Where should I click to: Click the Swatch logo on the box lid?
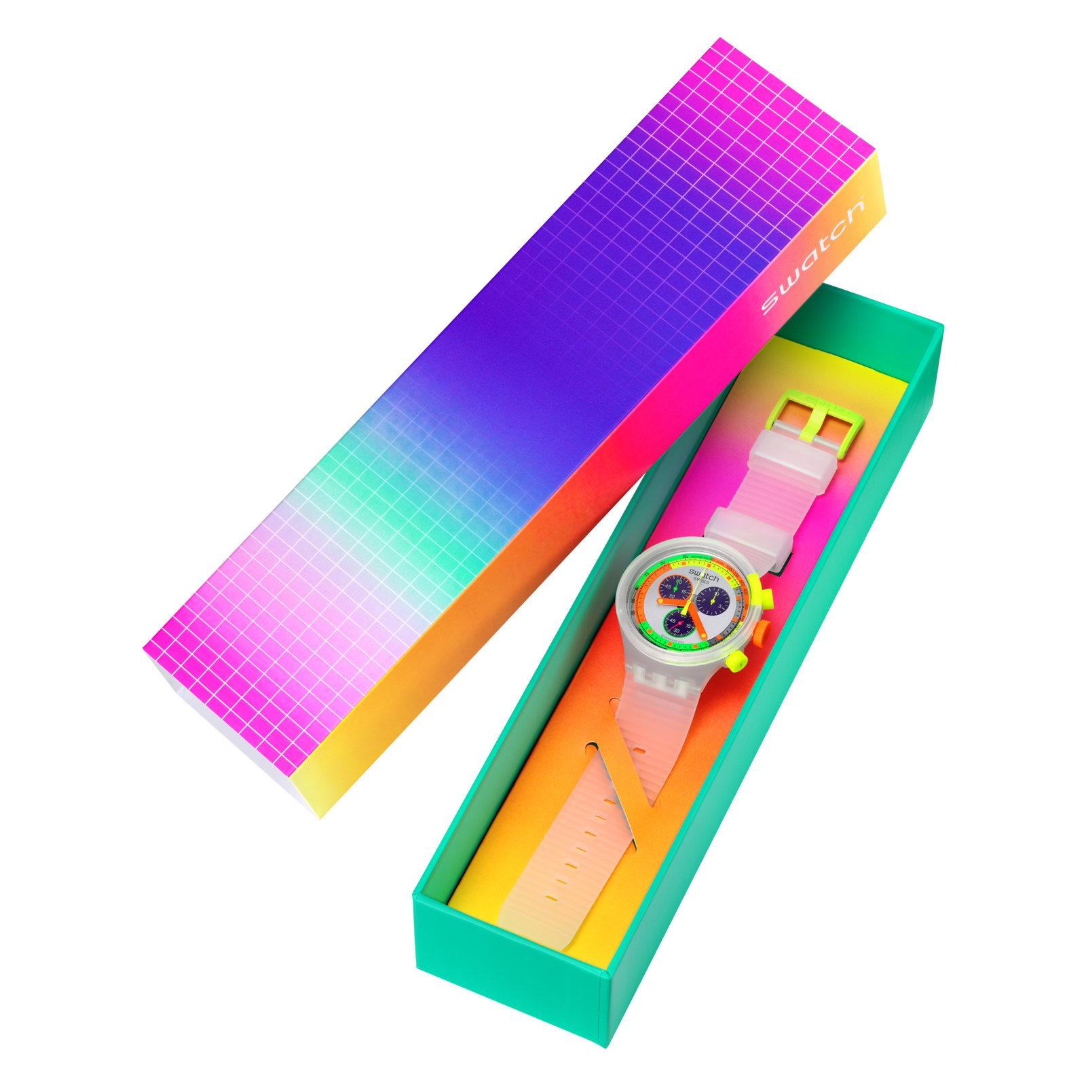pos(812,257)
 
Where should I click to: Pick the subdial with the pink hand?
pos(679,624)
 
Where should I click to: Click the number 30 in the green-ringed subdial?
pos(677,631)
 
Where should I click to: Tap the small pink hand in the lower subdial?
pos(678,624)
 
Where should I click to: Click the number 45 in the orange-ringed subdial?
pos(668,587)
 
